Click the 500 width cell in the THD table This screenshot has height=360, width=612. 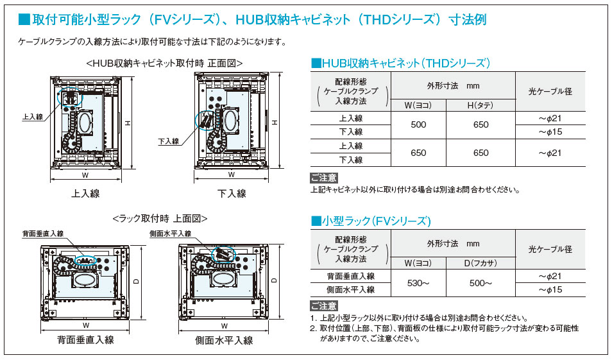click(x=418, y=125)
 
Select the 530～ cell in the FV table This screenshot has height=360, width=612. click(x=418, y=283)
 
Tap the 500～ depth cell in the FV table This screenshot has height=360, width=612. click(x=480, y=283)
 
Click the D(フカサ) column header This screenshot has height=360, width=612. click(x=480, y=263)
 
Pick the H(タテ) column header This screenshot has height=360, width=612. click(x=480, y=105)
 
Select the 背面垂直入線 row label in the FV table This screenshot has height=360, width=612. click(x=350, y=276)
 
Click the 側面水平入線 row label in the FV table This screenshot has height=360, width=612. click(x=350, y=289)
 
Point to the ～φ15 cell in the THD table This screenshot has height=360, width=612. click(x=550, y=132)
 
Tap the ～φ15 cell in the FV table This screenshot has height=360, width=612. click(x=550, y=289)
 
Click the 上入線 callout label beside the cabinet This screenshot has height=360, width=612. click(x=32, y=117)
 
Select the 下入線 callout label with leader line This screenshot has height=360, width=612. click(x=168, y=141)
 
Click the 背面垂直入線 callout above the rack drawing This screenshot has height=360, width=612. click(x=43, y=234)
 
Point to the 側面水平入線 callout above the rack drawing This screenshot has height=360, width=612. click(x=171, y=234)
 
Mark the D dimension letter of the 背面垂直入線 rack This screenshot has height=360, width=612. click(x=137, y=281)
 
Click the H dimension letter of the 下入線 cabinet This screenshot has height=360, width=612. click(x=275, y=122)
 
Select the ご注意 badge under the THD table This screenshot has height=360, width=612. click(x=324, y=178)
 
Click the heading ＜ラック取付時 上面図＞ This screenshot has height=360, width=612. click(x=160, y=218)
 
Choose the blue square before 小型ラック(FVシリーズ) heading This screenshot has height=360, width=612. click(x=316, y=221)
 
